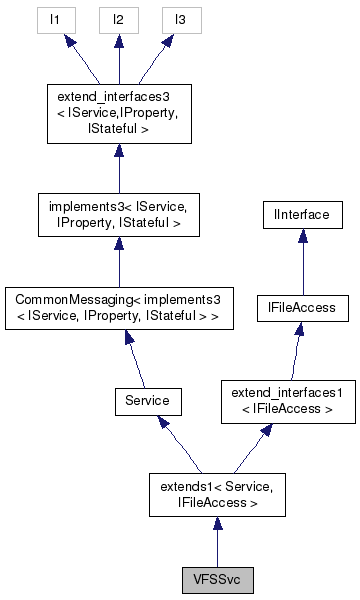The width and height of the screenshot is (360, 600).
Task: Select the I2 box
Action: [x=118, y=18]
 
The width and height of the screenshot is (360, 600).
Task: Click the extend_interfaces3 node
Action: [x=118, y=114]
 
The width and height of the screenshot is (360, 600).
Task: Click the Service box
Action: [x=148, y=400]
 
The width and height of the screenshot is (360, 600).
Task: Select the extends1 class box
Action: [x=217, y=494]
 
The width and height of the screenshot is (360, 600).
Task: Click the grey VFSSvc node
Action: [x=217, y=580]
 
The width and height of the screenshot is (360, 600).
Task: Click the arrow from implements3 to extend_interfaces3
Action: [x=118, y=165]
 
